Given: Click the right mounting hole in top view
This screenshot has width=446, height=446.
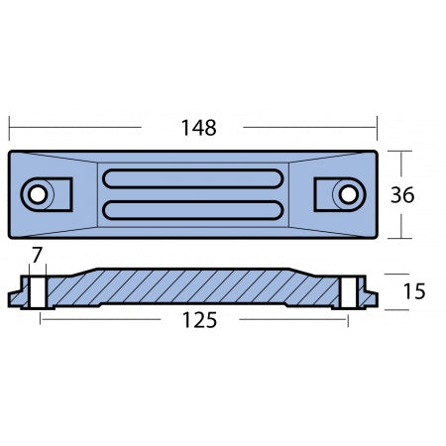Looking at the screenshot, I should pyautogui.click(x=348, y=194).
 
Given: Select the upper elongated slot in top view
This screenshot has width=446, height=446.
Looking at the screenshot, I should pyautogui.click(x=193, y=180).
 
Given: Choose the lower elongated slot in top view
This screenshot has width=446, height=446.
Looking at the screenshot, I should pyautogui.click(x=193, y=209).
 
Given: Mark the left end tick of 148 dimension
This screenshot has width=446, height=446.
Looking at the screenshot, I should pyautogui.click(x=10, y=128).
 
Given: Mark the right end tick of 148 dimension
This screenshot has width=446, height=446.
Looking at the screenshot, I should pyautogui.click(x=377, y=128).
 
